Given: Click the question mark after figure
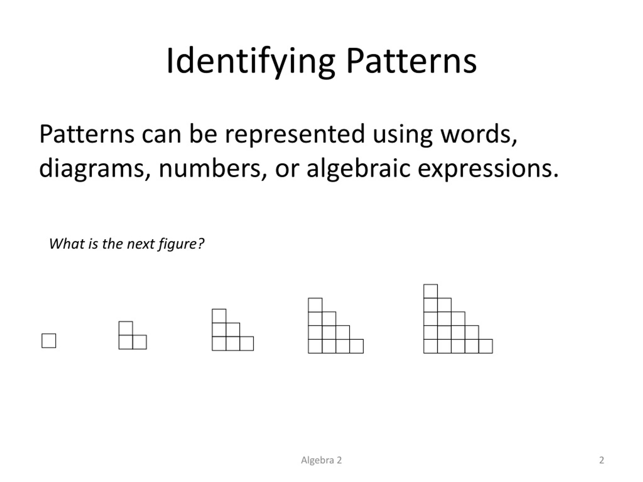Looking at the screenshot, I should tap(201, 244).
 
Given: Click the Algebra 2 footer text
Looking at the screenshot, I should tap(321, 460).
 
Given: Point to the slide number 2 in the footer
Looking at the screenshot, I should tap(602, 460).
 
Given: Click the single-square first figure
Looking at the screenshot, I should tap(49, 341).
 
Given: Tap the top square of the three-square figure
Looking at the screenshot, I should tap(126, 328).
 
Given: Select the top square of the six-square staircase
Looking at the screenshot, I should tap(219, 316).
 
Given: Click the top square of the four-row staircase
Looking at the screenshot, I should tap(315, 305).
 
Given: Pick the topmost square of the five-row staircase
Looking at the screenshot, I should tap(431, 291).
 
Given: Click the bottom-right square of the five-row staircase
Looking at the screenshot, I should tap(486, 346).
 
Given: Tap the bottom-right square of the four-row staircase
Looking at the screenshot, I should tap(356, 346).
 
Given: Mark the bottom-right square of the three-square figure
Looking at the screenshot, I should tap(140, 342).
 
